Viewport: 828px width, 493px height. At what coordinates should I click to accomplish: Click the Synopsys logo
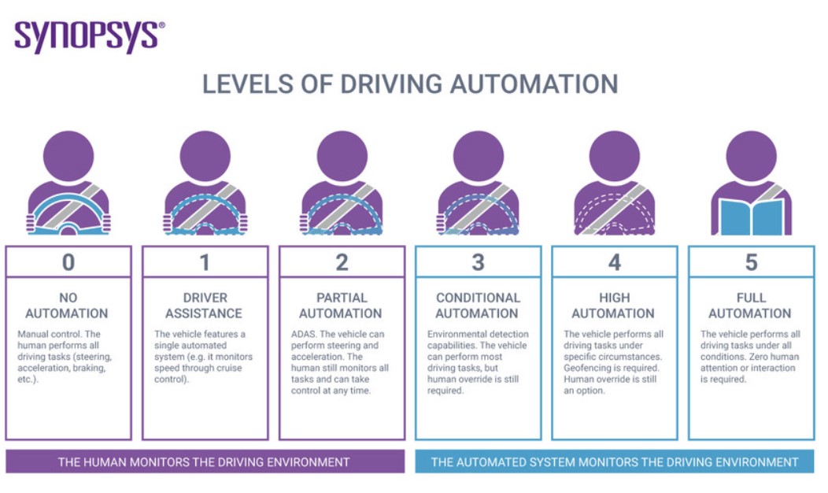(x=90, y=36)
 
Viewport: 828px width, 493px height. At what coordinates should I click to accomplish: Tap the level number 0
(x=68, y=262)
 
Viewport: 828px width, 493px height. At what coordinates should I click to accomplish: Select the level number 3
(x=478, y=262)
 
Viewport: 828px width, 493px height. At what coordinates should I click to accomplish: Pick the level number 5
(x=751, y=262)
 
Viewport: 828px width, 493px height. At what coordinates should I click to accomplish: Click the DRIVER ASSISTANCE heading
(x=205, y=306)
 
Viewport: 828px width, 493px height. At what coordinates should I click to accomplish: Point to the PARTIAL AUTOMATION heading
(x=342, y=306)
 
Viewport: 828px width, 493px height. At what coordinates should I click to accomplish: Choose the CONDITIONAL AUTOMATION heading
(x=478, y=306)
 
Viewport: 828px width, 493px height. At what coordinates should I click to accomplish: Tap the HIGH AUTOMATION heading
(x=614, y=306)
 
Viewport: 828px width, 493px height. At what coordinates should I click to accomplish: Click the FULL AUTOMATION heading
(x=751, y=306)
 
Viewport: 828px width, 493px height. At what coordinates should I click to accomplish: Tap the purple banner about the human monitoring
(x=204, y=461)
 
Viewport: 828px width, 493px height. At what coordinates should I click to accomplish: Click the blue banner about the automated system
(x=614, y=461)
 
